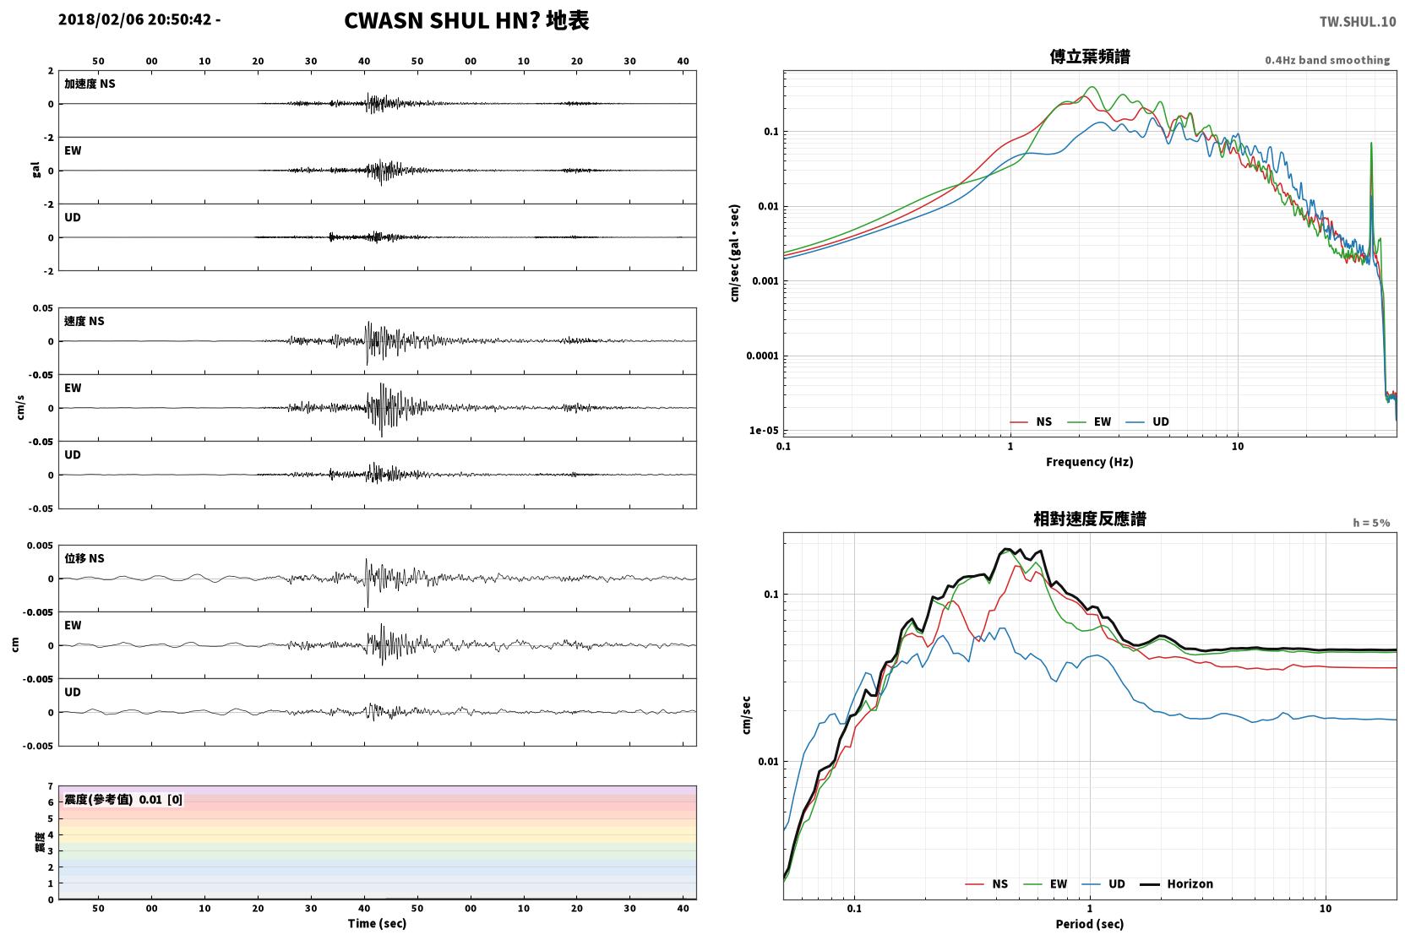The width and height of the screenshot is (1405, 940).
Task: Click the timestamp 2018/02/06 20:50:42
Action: point(135,19)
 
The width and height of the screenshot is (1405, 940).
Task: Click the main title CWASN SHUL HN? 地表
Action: point(466,21)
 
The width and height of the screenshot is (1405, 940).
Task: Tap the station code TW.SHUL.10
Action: point(1358,22)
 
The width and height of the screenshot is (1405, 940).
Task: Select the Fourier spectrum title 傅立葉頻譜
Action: point(1090,57)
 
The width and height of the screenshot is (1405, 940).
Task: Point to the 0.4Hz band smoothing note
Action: point(1327,60)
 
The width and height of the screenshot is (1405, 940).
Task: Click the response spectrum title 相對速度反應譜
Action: point(1090,519)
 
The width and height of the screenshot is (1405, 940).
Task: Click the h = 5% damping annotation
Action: point(1371,523)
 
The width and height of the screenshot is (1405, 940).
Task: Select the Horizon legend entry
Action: point(1177,884)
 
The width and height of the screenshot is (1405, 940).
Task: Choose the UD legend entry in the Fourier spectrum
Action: point(1148,422)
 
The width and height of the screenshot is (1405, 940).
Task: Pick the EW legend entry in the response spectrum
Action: point(1046,884)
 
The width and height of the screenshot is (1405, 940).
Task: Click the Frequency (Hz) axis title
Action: point(1090,462)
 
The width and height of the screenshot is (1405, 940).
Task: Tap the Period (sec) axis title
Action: point(1090,924)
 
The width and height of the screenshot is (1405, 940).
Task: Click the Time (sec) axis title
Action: point(377,924)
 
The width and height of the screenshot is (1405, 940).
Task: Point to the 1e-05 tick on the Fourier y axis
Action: point(764,431)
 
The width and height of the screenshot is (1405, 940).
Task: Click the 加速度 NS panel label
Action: point(90,84)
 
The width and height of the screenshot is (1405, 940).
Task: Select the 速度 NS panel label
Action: point(84,321)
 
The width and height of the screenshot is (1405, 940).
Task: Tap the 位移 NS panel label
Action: point(84,559)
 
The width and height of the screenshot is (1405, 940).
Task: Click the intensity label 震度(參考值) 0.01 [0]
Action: point(123,800)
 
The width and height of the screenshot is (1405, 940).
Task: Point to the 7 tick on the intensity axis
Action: point(51,786)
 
